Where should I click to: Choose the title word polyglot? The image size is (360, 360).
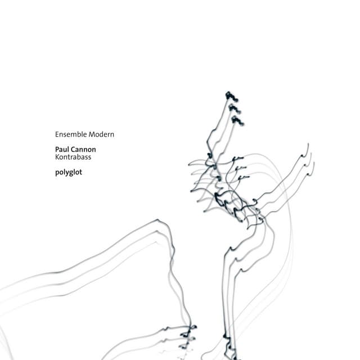[x=69, y=173]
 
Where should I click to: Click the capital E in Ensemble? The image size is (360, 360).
[x=57, y=134]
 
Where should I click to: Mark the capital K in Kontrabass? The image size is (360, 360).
[x=57, y=158]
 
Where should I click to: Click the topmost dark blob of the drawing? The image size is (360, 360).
[x=228, y=95]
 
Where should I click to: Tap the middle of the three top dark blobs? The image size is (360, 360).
[x=232, y=107]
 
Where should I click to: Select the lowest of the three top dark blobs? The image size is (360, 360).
[x=236, y=119]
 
